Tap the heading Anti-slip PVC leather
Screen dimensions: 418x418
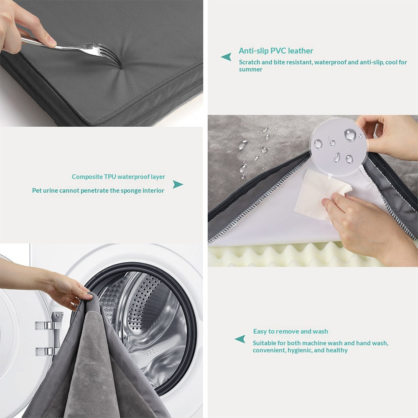(x=276, y=51)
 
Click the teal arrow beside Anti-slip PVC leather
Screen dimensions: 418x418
(x=226, y=57)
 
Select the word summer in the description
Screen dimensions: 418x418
(x=251, y=69)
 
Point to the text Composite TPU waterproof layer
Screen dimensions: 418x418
(x=118, y=177)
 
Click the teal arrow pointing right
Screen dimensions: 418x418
(x=178, y=184)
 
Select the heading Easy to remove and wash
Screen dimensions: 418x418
(x=291, y=331)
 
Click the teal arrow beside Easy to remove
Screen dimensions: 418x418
(x=240, y=339)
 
